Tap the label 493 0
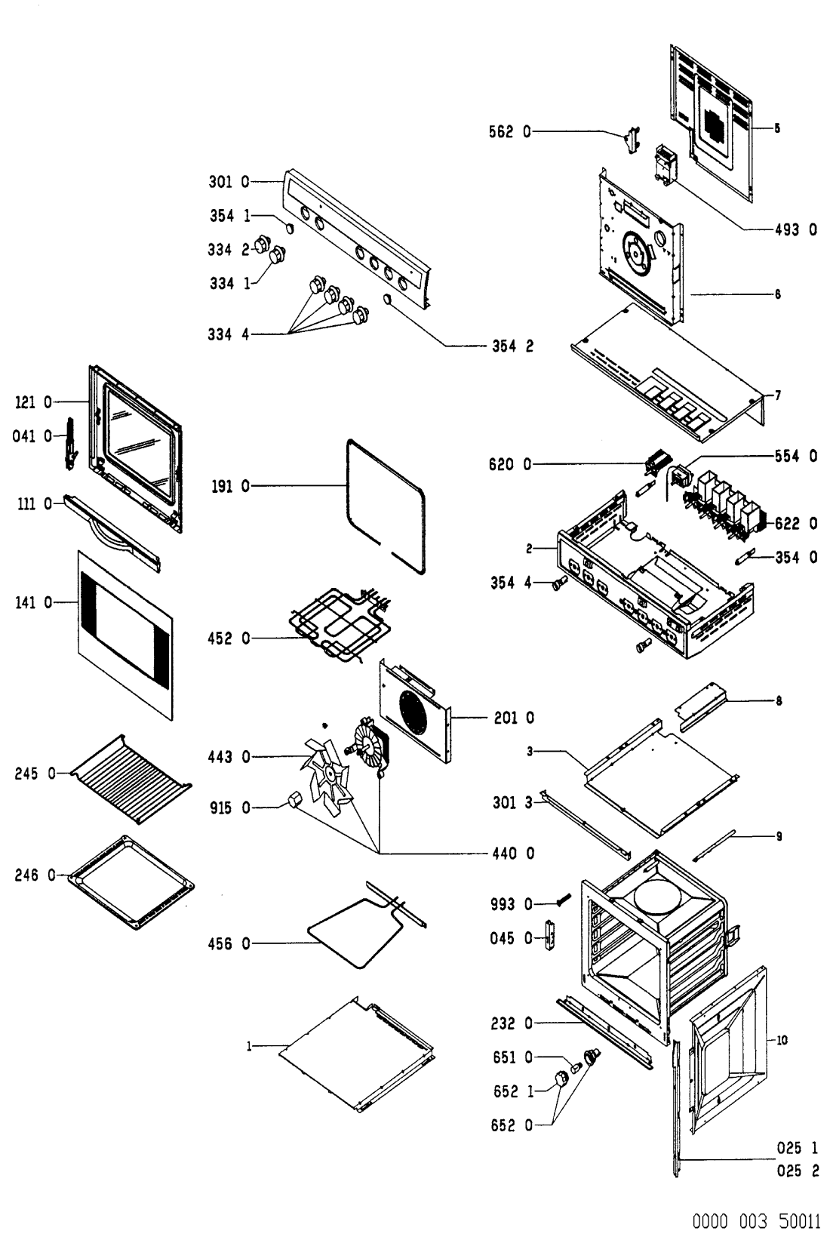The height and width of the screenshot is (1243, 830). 795,230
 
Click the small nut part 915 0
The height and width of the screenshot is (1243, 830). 294,799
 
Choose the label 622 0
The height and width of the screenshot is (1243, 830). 795,523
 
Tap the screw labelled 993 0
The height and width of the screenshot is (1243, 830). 561,899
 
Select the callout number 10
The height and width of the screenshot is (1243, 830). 782,1040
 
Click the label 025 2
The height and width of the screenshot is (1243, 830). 798,1172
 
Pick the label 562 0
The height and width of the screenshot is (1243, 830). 509,132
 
